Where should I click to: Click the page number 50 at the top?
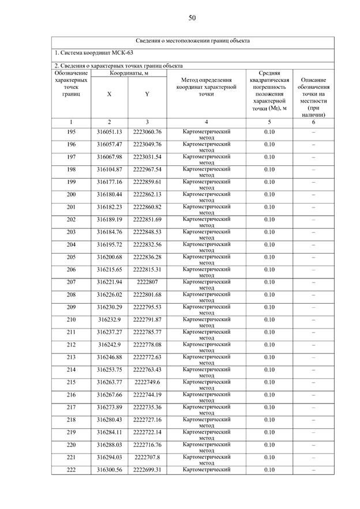pos(192,18)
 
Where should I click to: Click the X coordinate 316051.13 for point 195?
pos(109,132)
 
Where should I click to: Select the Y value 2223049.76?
pos(147,144)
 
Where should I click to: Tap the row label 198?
pos(71,169)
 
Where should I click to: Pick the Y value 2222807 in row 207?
pos(147,282)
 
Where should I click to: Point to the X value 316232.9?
pos(109,320)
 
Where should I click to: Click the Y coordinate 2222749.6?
pos(147,383)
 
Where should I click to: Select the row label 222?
pos(71,470)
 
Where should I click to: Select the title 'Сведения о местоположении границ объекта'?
pos(193,41)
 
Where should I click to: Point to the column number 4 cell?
pos(206,122)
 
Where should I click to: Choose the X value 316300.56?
pos(109,470)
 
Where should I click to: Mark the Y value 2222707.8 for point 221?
pos(147,458)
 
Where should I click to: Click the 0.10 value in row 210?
pos(269,320)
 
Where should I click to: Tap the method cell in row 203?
pos(206,234)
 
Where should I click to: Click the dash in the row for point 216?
pos(313,395)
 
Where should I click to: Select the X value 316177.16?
pos(109,182)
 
